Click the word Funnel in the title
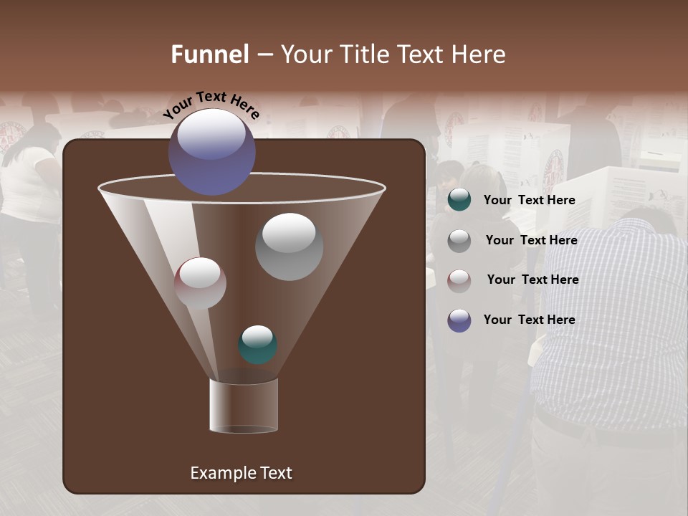pyautogui.click(x=210, y=54)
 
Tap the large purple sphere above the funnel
pyautogui.click(x=212, y=151)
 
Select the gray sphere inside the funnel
pyautogui.click(x=289, y=247)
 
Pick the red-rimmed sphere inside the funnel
pyautogui.click(x=200, y=283)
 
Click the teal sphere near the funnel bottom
pyautogui.click(x=257, y=344)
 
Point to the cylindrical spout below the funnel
pyautogui.click(x=244, y=406)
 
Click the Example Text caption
pyautogui.click(x=241, y=473)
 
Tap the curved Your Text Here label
pyautogui.click(x=211, y=105)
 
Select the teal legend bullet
pyautogui.click(x=459, y=200)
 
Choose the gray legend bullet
pyautogui.click(x=459, y=240)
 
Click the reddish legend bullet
pyautogui.click(x=459, y=280)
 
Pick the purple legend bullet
pyautogui.click(x=459, y=320)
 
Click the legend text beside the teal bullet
pyautogui.click(x=529, y=200)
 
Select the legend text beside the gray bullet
pyautogui.click(x=531, y=240)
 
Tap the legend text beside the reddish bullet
pyautogui.click(x=532, y=279)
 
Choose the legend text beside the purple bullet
pyautogui.click(x=529, y=320)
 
